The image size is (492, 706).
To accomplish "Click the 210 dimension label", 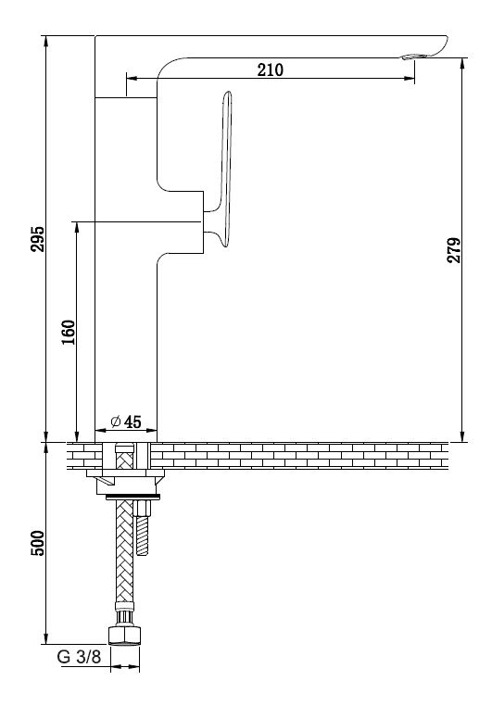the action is point(270,69).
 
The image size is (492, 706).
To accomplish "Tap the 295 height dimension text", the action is point(38,239).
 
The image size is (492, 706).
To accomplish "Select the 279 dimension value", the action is point(454,250).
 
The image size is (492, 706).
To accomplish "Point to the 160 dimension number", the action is point(69,333).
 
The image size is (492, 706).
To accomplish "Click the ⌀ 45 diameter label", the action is point(126,422).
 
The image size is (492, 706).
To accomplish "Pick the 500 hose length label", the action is point(38,543).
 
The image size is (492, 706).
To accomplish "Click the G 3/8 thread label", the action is point(80,657).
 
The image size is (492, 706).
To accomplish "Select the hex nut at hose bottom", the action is point(125,635).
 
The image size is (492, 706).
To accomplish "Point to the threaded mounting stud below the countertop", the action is point(143,527).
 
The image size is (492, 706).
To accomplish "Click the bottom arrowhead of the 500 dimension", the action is point(46,638).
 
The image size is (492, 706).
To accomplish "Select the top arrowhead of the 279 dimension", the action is point(462,64).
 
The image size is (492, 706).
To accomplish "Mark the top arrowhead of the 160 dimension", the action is point(77,227).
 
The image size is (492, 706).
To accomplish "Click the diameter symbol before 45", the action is point(116,422).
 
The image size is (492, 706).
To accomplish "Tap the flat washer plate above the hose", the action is point(132,498).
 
